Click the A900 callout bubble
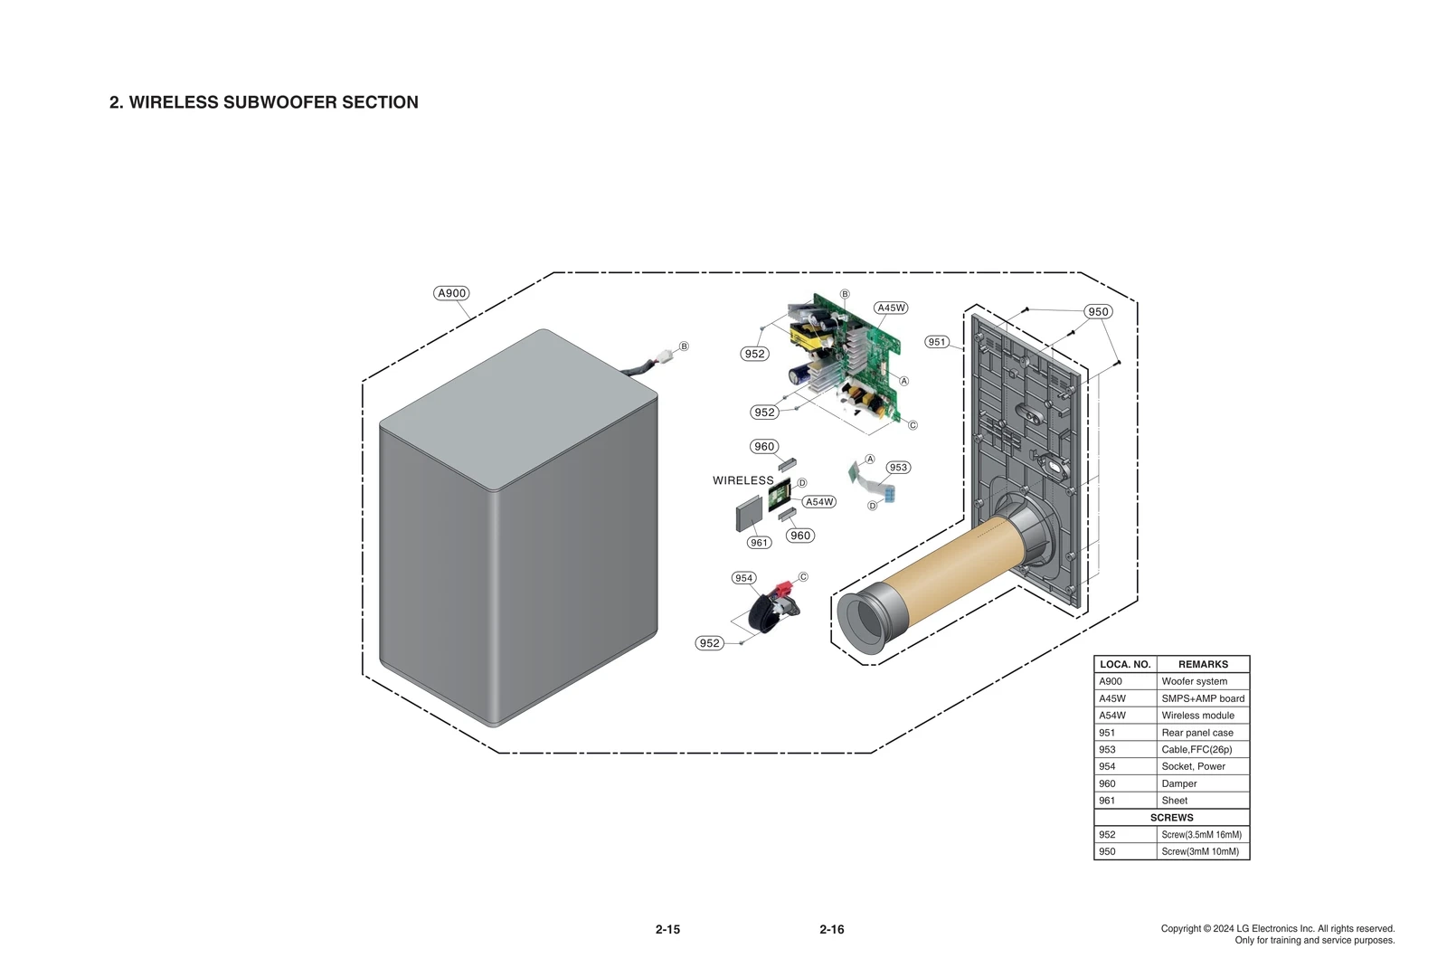click(x=451, y=293)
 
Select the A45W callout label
click(x=891, y=308)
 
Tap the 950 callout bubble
click(x=1098, y=311)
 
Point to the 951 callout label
click(x=937, y=342)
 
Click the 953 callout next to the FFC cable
click(x=898, y=468)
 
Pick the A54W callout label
click(x=819, y=502)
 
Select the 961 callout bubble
click(x=759, y=543)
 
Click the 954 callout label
click(x=743, y=578)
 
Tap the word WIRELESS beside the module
click(x=742, y=480)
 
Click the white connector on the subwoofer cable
click(x=668, y=355)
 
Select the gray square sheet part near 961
click(x=749, y=515)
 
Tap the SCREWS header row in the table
click(x=1171, y=817)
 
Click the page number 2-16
click(x=831, y=929)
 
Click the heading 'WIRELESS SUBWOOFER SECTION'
click(x=273, y=102)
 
